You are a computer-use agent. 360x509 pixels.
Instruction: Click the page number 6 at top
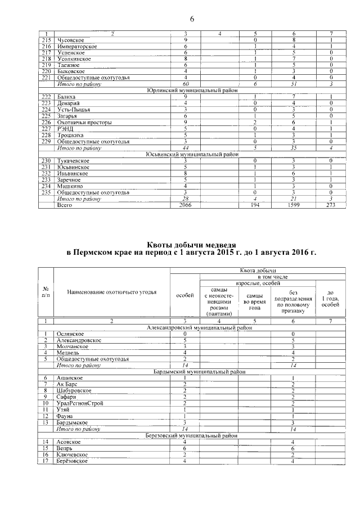[x=192, y=19]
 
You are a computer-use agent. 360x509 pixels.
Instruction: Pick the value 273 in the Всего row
[x=334, y=206]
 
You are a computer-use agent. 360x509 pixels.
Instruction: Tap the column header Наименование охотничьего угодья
[x=111, y=292]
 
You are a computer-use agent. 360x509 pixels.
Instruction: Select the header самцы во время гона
[x=254, y=298]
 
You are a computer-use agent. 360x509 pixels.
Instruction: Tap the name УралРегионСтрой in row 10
[x=82, y=403]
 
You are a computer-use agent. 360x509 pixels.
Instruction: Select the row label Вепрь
[x=65, y=448]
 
